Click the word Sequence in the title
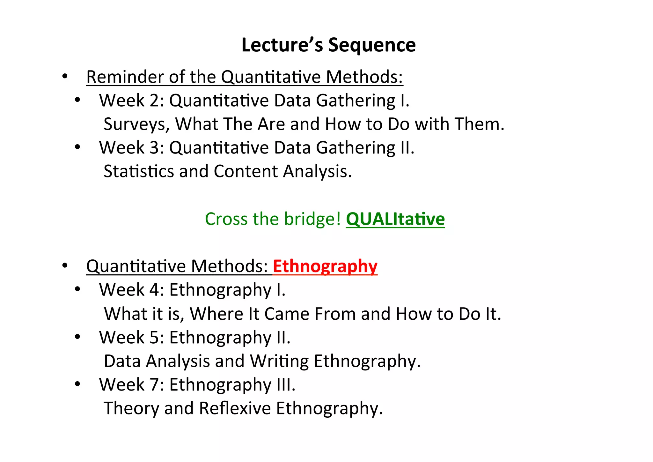[x=372, y=45]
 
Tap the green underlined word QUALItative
[x=395, y=219]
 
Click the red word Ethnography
[x=325, y=266]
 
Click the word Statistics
[x=139, y=171]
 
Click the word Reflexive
[x=235, y=408]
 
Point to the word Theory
[x=131, y=408]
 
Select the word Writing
[x=279, y=361]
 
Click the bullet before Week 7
[x=77, y=384]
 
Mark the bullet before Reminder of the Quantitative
[x=65, y=77]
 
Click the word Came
[x=287, y=314]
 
